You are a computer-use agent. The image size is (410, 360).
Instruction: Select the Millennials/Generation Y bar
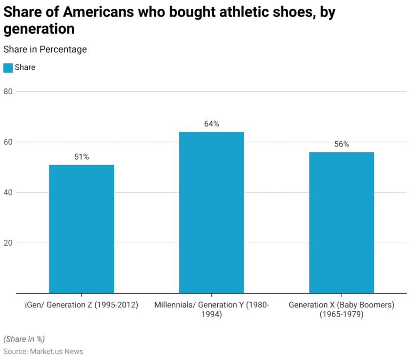click(211, 212)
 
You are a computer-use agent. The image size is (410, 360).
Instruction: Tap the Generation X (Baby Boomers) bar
click(341, 222)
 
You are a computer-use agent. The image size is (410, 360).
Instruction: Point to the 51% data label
click(82, 157)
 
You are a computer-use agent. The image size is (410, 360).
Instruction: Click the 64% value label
click(211, 124)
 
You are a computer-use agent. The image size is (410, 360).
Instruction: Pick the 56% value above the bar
click(341, 144)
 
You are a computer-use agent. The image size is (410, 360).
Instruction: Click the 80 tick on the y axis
click(7, 91)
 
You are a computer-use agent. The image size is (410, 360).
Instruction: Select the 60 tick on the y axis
click(7, 142)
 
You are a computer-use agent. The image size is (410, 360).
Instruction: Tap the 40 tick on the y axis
click(7, 192)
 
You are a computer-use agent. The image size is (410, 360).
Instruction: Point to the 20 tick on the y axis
click(7, 243)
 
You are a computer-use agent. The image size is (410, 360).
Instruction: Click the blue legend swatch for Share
click(8, 67)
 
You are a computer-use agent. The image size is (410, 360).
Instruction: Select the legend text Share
click(25, 67)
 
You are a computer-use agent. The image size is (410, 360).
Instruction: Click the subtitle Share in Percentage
click(45, 49)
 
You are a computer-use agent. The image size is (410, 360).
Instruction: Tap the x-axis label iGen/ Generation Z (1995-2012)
click(82, 305)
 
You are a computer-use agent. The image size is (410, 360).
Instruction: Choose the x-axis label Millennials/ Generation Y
click(211, 310)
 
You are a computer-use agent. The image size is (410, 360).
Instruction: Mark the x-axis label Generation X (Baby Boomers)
click(341, 310)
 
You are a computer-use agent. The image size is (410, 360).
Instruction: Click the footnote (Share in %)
click(24, 339)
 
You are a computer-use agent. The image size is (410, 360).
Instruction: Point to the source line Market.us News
click(43, 351)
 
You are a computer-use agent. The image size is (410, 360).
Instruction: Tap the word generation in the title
click(39, 29)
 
